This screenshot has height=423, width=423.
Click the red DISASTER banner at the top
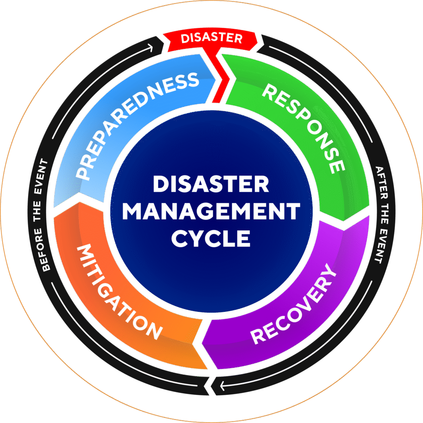211,38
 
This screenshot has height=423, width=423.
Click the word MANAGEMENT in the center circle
211,211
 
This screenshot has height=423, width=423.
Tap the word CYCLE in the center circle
211,238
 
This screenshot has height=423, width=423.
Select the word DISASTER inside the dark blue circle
211,184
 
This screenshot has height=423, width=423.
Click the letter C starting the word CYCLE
179,238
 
